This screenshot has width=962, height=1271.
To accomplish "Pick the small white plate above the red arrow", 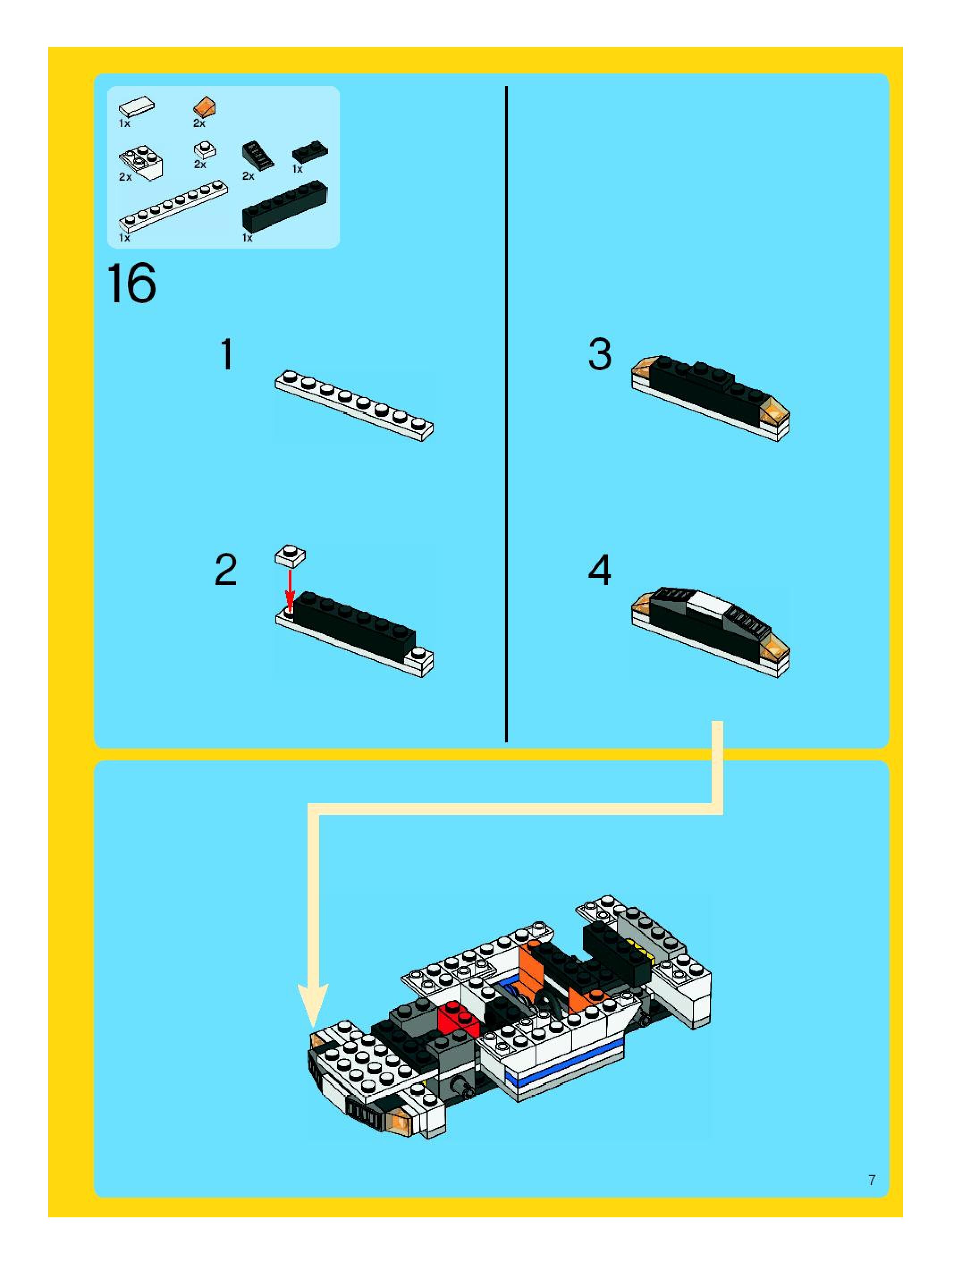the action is pyautogui.click(x=290, y=555).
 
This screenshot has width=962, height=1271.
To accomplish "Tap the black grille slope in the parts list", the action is pyautogui.click(x=257, y=155).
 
